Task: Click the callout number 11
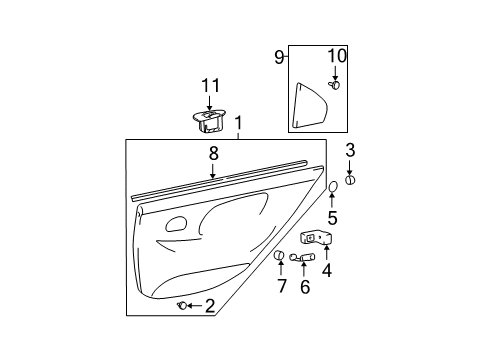(211, 86)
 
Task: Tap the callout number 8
(214, 154)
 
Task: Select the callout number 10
(337, 56)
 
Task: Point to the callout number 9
(279, 57)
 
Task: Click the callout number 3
(350, 150)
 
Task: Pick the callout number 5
(332, 218)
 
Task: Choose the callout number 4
(327, 270)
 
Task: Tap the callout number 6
(305, 287)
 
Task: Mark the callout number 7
(282, 286)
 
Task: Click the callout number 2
(210, 306)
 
